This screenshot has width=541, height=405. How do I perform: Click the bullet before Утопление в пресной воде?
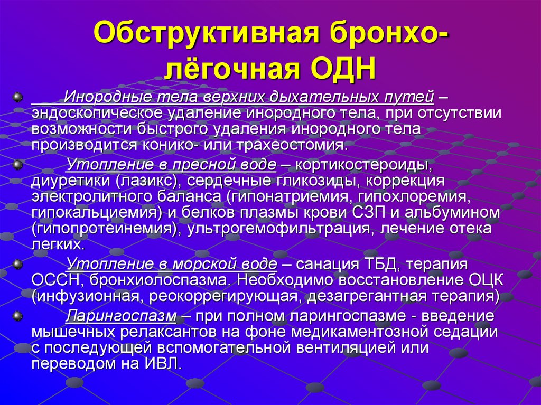point(18,165)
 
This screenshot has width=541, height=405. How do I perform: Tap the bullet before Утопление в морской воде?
point(18,263)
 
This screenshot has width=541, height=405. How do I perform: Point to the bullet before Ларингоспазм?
point(18,316)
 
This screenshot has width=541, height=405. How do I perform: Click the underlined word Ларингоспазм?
point(121,316)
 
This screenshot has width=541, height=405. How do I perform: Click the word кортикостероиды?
point(363,165)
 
